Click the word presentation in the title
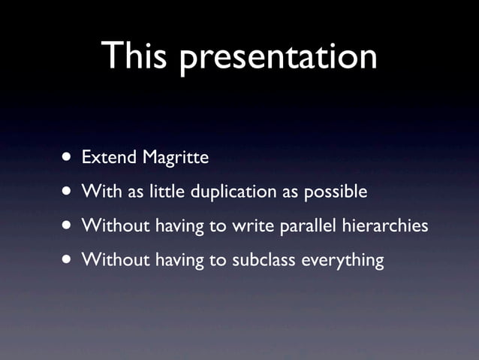[x=278, y=59]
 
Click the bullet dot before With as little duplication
[x=68, y=192]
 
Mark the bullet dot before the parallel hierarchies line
[x=68, y=226]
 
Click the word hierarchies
[x=385, y=226]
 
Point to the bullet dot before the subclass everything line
[x=68, y=261]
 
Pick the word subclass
[x=265, y=260]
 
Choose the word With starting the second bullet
[x=97, y=192]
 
